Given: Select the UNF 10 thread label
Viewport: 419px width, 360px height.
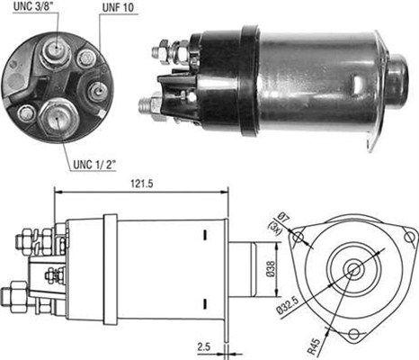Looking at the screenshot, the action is tap(118, 8).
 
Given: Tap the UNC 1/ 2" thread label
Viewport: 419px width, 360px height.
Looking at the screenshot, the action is tap(94, 165).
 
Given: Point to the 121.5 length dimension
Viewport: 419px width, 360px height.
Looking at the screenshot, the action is tap(141, 184).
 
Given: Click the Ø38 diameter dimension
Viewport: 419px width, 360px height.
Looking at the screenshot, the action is tap(270, 268).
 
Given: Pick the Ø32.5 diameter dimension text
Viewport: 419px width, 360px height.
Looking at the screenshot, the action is tap(288, 305).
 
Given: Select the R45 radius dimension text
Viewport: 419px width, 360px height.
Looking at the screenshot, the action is tap(314, 346).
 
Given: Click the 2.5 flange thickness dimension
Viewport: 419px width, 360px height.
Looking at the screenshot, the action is tap(204, 346).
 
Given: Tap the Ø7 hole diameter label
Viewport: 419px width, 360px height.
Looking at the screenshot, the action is tap(282, 217).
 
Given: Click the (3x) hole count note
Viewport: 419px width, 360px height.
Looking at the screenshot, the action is tap(274, 229).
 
